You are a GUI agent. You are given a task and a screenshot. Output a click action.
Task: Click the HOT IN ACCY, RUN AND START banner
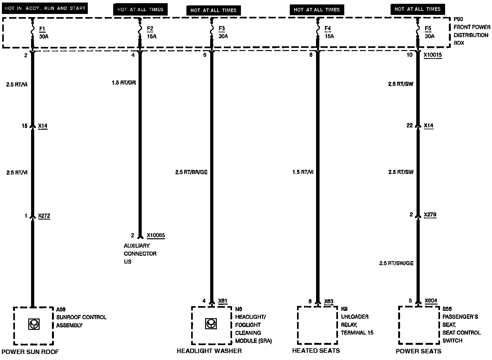click(45, 8)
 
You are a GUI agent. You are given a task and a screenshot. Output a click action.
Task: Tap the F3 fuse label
click(222, 29)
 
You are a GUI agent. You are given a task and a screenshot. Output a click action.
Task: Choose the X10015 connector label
click(433, 55)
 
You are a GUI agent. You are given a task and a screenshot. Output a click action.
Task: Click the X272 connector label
click(44, 216)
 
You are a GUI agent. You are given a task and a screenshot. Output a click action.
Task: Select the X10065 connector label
click(156, 235)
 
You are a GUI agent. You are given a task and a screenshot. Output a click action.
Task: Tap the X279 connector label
click(430, 215)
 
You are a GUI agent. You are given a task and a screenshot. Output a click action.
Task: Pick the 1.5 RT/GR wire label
click(124, 83)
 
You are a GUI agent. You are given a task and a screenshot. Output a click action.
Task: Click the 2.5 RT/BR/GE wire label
click(191, 172)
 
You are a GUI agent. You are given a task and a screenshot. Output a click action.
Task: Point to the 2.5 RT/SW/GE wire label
click(396, 263)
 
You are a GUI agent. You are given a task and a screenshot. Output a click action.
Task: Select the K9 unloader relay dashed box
click(317, 325)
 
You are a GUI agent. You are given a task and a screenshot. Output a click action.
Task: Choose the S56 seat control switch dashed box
click(418, 325)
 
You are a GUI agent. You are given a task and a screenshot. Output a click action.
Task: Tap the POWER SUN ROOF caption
click(30, 351)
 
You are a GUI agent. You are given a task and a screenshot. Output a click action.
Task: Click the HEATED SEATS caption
click(316, 350)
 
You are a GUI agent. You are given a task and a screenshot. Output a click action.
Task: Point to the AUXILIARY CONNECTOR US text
click(140, 254)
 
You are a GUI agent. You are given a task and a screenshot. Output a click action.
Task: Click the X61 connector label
click(223, 301)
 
